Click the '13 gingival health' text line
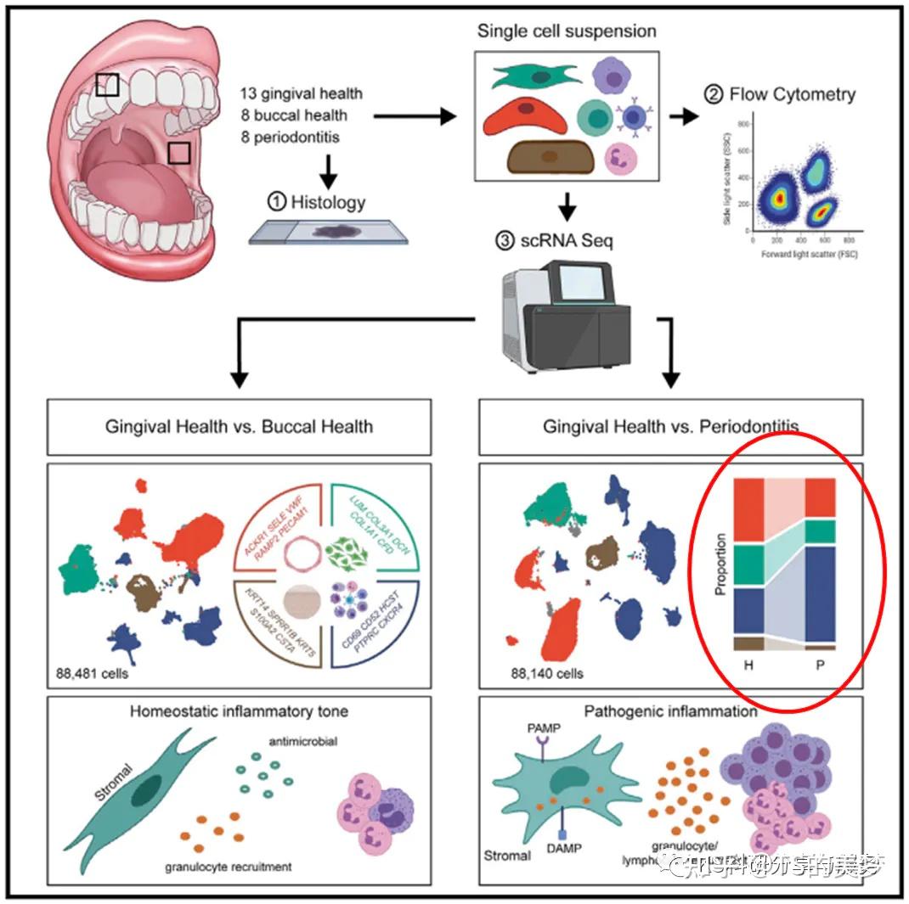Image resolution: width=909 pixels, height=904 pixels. point(302,93)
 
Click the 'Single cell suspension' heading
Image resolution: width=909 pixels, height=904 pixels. point(567,31)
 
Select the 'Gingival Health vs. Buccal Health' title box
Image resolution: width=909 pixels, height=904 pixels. point(239,425)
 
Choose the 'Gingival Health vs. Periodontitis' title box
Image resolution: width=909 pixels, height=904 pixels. point(671,425)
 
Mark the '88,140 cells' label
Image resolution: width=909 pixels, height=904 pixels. point(547,674)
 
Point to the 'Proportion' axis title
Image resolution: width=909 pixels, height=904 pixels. point(721,564)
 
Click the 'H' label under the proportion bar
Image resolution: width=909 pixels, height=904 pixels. point(748,666)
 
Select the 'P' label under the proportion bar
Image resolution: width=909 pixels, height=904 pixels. point(820,666)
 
